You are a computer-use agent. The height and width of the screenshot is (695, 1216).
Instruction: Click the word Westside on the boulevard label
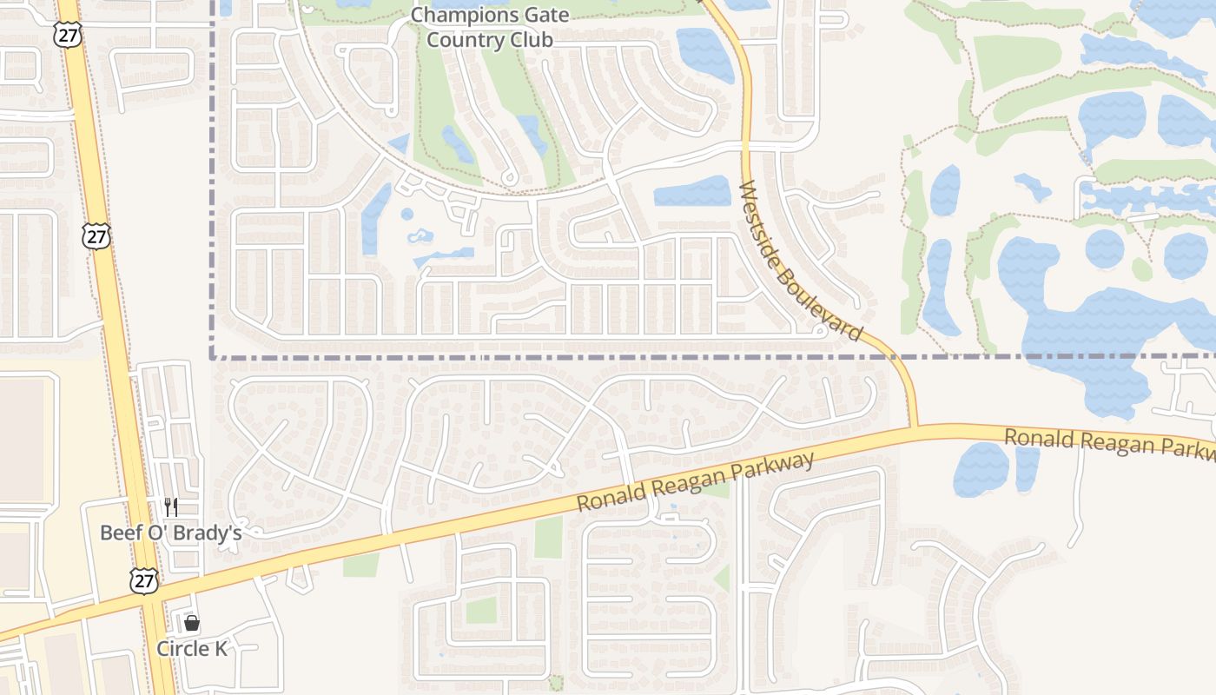click(x=760, y=226)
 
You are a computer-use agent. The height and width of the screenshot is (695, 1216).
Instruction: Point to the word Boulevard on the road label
click(x=822, y=302)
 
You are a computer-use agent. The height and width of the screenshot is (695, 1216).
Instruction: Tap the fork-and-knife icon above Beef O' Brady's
click(x=171, y=507)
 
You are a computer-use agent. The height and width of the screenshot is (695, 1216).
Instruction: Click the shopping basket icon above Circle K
click(x=192, y=623)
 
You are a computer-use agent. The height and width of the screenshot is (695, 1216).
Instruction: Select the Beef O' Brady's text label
click(x=170, y=533)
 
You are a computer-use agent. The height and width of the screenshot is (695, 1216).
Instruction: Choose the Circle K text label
click(x=192, y=648)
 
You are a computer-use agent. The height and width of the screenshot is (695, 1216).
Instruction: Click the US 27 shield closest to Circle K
click(x=144, y=580)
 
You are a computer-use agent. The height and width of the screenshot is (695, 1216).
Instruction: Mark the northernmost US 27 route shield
click(x=67, y=34)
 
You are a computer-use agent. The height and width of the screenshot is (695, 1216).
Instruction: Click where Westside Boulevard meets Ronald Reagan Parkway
click(x=914, y=427)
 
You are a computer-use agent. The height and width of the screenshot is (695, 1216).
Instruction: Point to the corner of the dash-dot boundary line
click(x=213, y=356)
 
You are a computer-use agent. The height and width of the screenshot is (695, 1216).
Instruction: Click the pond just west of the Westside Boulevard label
click(x=692, y=191)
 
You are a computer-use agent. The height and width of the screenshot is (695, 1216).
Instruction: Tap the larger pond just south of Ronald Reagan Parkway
click(x=981, y=469)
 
